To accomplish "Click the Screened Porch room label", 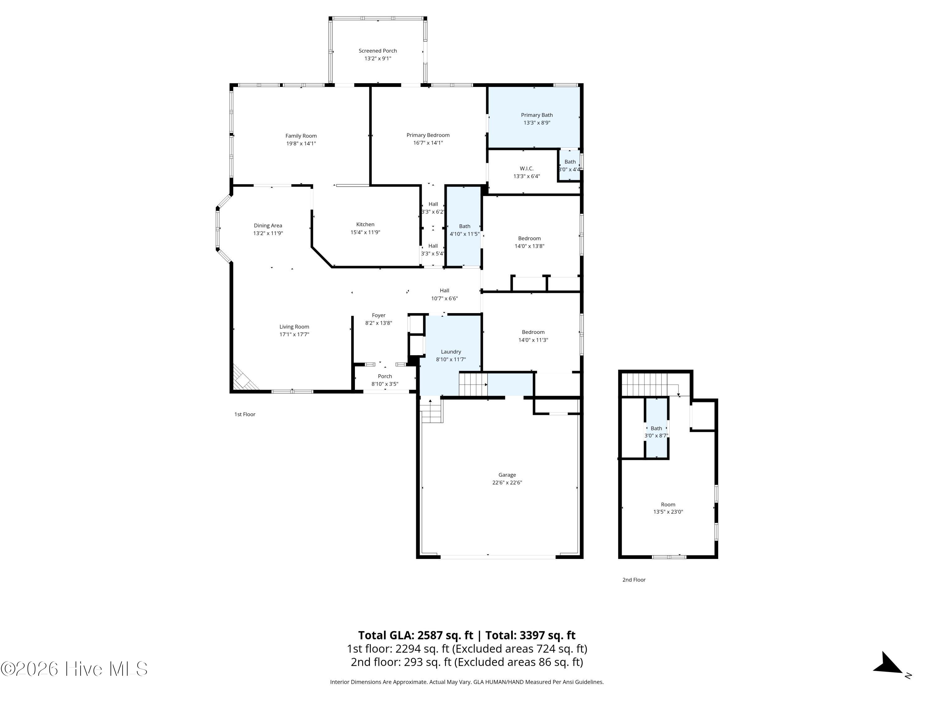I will (377, 51).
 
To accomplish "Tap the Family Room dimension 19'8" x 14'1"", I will (301, 144).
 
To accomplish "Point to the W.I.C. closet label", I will (526, 169).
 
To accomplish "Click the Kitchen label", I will (365, 224).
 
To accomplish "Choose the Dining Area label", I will (268, 226).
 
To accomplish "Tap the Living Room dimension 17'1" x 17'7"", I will (294, 335).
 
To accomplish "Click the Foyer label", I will (378, 315).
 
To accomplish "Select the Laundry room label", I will (450, 351).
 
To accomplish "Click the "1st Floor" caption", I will (245, 414).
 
